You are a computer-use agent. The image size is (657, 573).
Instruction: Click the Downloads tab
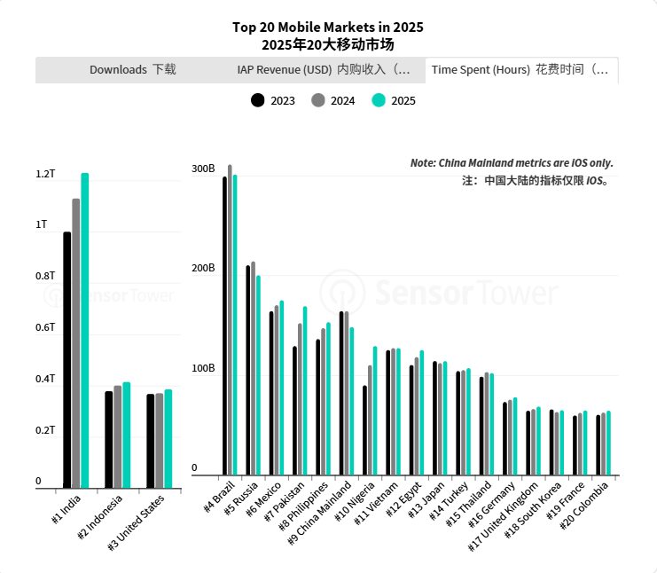tap(133, 70)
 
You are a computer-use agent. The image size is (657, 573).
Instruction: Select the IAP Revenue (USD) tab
tap(324, 70)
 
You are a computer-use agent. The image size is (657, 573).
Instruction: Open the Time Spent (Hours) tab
tap(520, 70)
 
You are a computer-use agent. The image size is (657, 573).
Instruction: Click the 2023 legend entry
tap(273, 100)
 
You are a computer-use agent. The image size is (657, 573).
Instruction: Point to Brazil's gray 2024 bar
tap(230, 319)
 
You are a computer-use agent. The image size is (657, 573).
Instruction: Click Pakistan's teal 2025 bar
tap(305, 390)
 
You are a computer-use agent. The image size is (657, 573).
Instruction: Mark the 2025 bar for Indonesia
tap(127, 435)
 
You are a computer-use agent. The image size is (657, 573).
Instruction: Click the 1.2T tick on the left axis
tap(45, 174)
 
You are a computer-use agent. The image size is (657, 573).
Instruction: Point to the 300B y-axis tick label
tap(203, 169)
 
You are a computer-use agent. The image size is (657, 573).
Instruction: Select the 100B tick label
tap(203, 368)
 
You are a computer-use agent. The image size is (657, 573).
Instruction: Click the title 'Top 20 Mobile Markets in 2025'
tap(328, 27)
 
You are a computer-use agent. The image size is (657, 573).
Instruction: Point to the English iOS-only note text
tap(512, 163)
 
